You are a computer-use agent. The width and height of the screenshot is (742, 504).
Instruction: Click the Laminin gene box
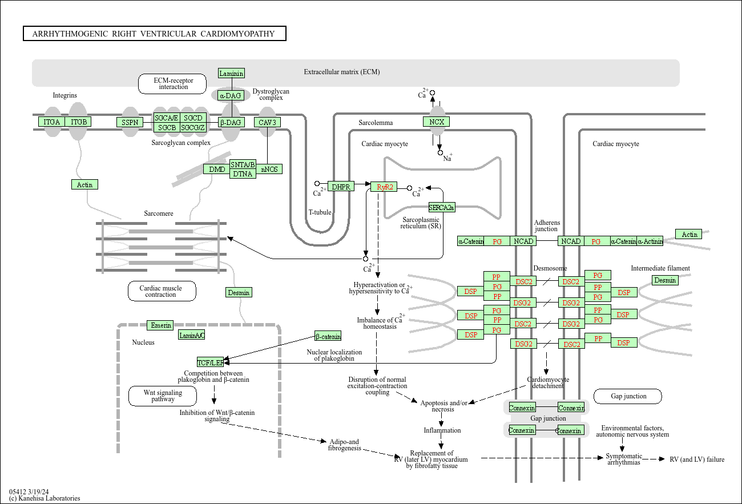point(232,73)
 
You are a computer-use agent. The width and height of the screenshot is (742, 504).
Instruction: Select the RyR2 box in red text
point(384,187)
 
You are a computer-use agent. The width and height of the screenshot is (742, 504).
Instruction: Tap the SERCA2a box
point(442,208)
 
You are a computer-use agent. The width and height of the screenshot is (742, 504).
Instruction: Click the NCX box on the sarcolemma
point(437,122)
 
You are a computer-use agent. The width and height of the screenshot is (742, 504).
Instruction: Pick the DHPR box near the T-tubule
point(341,187)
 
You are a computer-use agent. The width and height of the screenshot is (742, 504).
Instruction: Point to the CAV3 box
point(268,122)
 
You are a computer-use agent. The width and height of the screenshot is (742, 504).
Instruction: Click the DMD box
point(216,169)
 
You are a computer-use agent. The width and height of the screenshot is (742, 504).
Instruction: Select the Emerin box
point(160,325)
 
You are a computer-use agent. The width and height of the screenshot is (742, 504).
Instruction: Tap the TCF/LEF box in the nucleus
point(210,362)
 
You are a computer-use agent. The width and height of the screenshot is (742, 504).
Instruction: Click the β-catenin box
point(328,336)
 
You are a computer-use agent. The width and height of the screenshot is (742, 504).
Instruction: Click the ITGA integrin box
point(51,122)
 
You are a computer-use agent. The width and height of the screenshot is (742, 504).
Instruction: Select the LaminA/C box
point(192,335)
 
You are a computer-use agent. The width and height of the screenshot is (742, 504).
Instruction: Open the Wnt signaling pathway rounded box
point(163,396)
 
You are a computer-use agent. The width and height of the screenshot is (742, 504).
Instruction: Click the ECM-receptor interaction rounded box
point(173,84)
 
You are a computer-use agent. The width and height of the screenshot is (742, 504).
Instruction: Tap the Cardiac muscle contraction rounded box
point(162,291)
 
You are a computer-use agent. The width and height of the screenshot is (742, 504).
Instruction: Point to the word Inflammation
point(442,430)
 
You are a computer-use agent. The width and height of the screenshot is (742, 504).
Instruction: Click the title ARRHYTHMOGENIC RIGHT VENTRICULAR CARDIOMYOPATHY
point(154,34)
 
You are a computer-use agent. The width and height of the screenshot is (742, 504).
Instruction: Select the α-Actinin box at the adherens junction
point(650,241)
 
